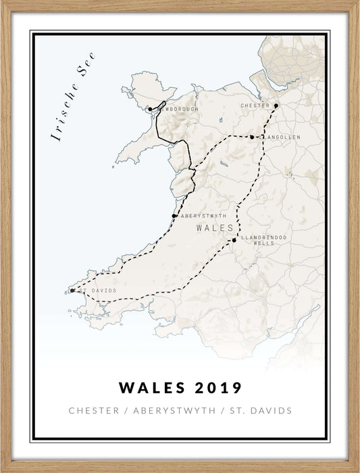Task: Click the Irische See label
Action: click(74, 97)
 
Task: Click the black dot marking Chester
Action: click(276, 105)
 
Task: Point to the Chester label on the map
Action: click(255, 106)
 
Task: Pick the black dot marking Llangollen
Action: click(252, 137)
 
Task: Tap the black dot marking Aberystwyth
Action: click(174, 216)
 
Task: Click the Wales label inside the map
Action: click(214, 228)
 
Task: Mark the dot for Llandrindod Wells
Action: click(234, 240)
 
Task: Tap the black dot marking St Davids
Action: click(72, 291)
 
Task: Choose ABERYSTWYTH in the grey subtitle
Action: click(175, 411)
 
